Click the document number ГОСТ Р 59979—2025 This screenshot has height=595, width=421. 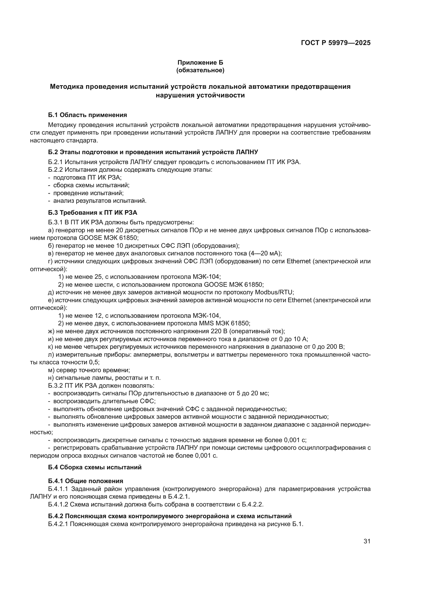(336, 43)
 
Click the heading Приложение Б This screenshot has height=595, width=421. (200, 63)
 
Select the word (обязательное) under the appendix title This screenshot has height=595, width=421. (200, 70)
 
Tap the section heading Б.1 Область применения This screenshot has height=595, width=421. (87, 115)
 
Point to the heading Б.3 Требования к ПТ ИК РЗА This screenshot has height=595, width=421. (93, 213)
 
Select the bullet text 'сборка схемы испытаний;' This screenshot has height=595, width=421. (91, 185)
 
